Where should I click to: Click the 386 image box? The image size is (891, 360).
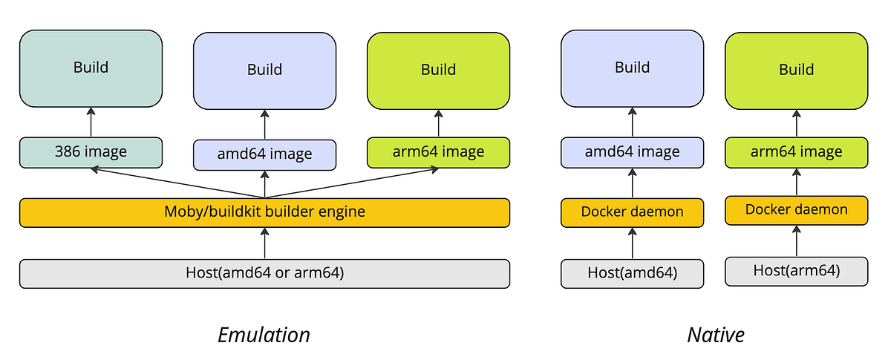tap(91, 151)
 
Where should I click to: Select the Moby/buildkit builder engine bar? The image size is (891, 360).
tap(264, 212)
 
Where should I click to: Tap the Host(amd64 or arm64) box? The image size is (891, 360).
tap(264, 272)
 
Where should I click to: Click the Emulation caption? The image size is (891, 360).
tap(264, 335)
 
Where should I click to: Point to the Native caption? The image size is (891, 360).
tap(715, 335)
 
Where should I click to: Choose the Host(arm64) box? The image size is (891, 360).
tap(796, 271)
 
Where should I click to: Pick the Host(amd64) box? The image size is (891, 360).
tap(632, 272)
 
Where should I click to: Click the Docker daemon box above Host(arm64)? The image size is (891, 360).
tap(796, 210)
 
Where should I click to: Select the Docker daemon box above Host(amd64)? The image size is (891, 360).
tap(632, 212)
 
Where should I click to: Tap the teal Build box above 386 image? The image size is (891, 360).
tap(91, 68)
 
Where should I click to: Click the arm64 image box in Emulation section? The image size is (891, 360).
tap(438, 152)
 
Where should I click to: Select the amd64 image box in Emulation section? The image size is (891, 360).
tap(264, 154)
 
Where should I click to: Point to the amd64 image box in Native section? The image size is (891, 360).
tap(632, 152)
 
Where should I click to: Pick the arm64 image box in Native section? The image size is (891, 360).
tap(796, 152)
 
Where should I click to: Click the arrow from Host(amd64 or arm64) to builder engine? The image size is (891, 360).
tap(264, 243)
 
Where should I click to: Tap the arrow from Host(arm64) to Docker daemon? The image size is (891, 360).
tap(797, 240)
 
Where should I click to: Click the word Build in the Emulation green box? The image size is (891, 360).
tap(438, 70)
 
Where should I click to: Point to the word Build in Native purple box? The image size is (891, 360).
tap(632, 68)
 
